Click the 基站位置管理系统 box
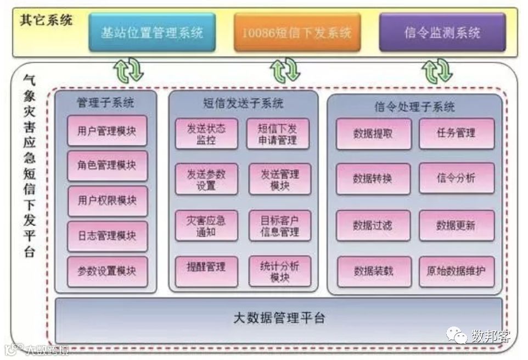click(x=152, y=32)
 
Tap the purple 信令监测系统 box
click(x=442, y=32)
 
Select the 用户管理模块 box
click(x=107, y=131)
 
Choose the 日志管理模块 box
click(x=107, y=236)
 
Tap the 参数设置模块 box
click(x=107, y=271)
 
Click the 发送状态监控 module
click(x=206, y=134)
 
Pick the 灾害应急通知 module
click(x=206, y=226)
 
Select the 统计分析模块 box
click(x=279, y=272)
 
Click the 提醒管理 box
click(x=206, y=268)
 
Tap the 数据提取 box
click(x=373, y=133)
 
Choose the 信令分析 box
click(x=456, y=178)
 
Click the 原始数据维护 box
click(x=456, y=271)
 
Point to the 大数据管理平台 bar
click(x=279, y=318)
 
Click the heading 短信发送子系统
click(x=243, y=103)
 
